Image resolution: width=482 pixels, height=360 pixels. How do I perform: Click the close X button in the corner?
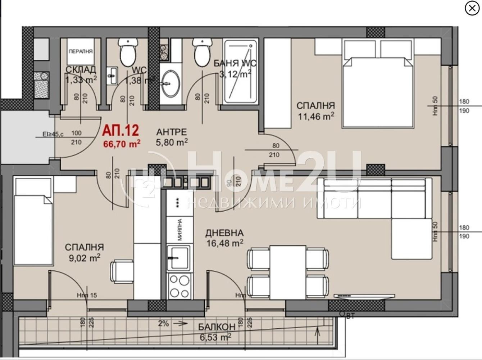click(x=472, y=9)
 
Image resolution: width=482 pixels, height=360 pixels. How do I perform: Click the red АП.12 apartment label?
click(x=121, y=131)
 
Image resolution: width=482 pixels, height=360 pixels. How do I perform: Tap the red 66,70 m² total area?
click(x=122, y=144)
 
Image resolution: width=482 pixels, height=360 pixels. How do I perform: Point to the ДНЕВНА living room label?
click(x=224, y=233)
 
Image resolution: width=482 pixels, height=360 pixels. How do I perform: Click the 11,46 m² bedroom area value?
click(x=315, y=116)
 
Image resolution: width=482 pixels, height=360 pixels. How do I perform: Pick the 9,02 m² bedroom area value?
click(x=84, y=258)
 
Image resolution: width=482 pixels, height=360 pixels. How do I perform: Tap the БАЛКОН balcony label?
click(x=217, y=327)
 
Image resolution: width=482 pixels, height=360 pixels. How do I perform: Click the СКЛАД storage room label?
click(x=81, y=69)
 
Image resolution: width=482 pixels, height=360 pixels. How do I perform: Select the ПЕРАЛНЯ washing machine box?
click(x=81, y=51)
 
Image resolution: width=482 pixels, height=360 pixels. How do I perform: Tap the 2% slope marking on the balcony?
click(x=163, y=323)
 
